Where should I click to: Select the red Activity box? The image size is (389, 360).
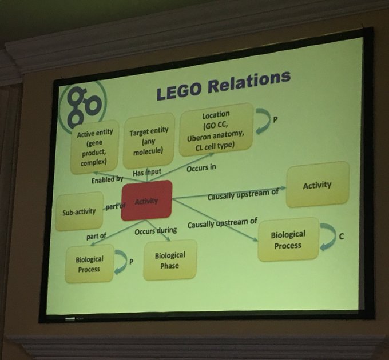146,201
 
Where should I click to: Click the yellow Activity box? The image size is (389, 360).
317,185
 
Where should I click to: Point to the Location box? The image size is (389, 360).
216,130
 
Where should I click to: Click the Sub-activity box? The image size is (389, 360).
79,212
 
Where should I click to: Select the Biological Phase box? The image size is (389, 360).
169,260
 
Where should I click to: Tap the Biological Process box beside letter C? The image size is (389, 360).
288,239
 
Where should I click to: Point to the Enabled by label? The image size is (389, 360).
107,179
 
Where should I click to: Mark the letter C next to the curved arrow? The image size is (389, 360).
341,235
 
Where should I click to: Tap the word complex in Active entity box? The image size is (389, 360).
95,161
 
